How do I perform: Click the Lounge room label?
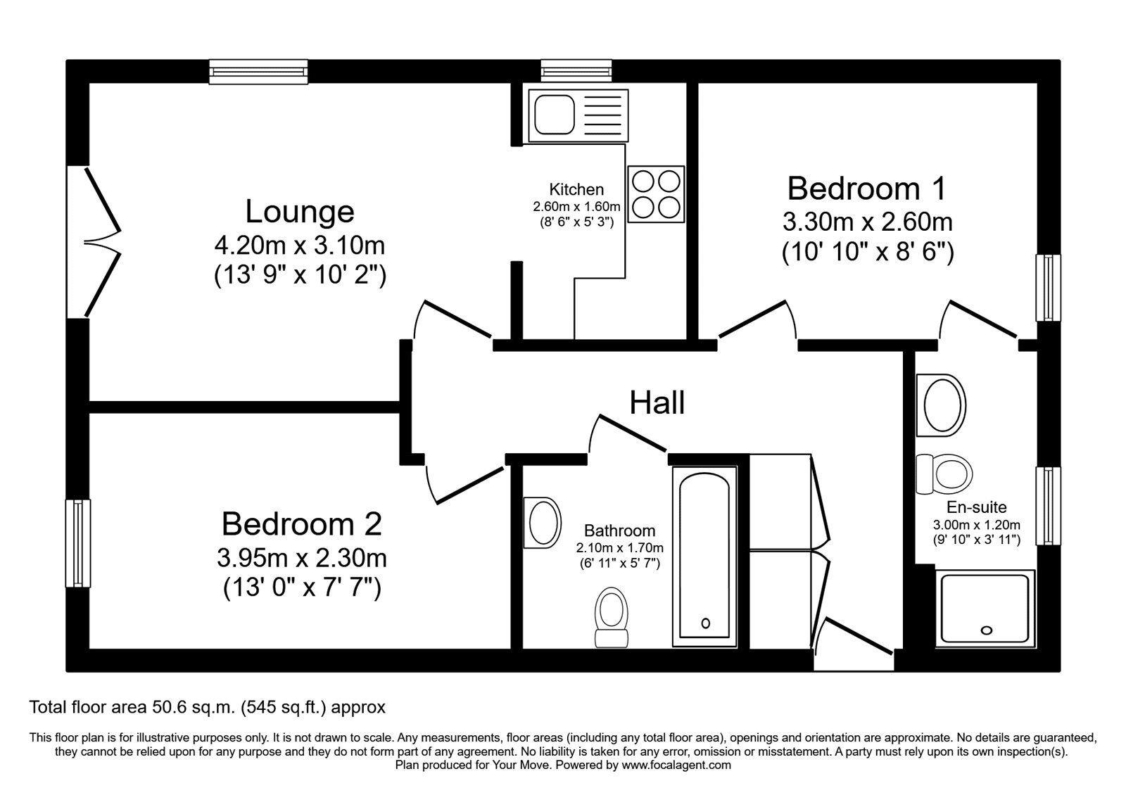tap(299, 212)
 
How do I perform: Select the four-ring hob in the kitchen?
tap(656, 194)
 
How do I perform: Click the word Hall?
tap(657, 403)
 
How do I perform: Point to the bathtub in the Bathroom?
tap(705, 556)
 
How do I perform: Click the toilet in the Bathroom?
tap(611, 616)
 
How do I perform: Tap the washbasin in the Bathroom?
tap(543, 522)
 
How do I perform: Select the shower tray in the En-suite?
tap(985, 609)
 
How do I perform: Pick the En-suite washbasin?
tap(940, 406)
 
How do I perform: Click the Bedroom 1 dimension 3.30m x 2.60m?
tap(867, 222)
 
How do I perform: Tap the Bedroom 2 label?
tap(301, 524)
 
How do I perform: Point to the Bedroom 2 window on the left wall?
tap(78, 542)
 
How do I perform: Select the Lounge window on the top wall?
tap(259, 72)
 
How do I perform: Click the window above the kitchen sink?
tap(576, 70)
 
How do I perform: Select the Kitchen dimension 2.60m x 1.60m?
tap(576, 207)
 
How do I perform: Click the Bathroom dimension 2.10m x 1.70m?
tap(619, 547)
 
